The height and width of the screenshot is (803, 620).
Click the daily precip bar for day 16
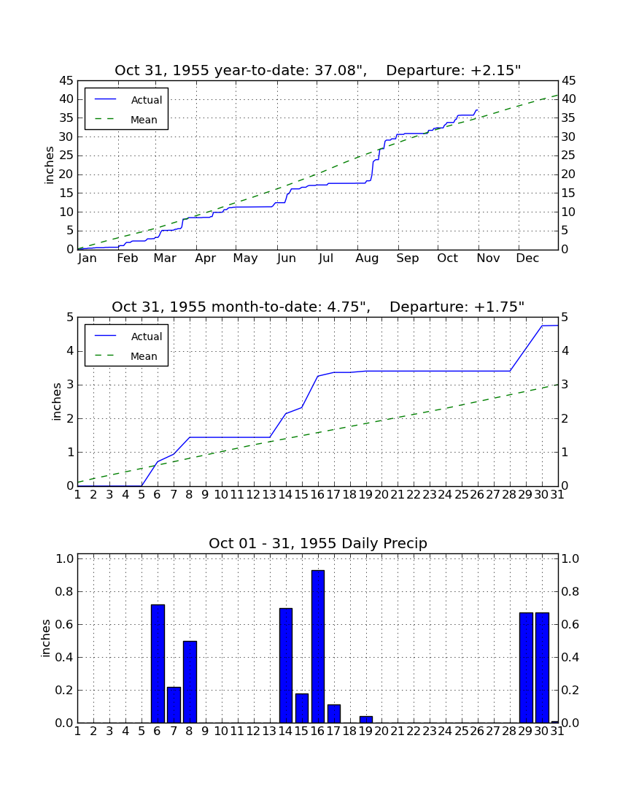click(x=318, y=646)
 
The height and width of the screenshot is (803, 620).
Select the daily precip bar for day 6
click(x=158, y=664)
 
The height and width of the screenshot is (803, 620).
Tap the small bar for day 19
click(x=365, y=720)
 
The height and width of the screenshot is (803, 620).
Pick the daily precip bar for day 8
click(x=190, y=682)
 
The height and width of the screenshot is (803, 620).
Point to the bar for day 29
click(x=526, y=668)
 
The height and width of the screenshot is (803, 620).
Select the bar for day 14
click(x=286, y=666)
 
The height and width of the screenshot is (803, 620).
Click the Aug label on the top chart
click(x=368, y=258)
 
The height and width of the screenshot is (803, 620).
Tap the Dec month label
click(x=527, y=258)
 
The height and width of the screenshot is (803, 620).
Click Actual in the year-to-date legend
click(x=147, y=100)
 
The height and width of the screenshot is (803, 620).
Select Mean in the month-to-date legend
click(x=144, y=356)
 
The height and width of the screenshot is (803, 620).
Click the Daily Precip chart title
click(x=318, y=543)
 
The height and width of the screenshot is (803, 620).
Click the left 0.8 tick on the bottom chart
click(x=65, y=591)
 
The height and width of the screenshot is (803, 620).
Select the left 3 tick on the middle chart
click(x=71, y=385)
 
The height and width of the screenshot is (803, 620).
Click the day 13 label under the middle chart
click(x=270, y=495)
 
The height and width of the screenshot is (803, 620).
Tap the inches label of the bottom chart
click(x=46, y=638)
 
